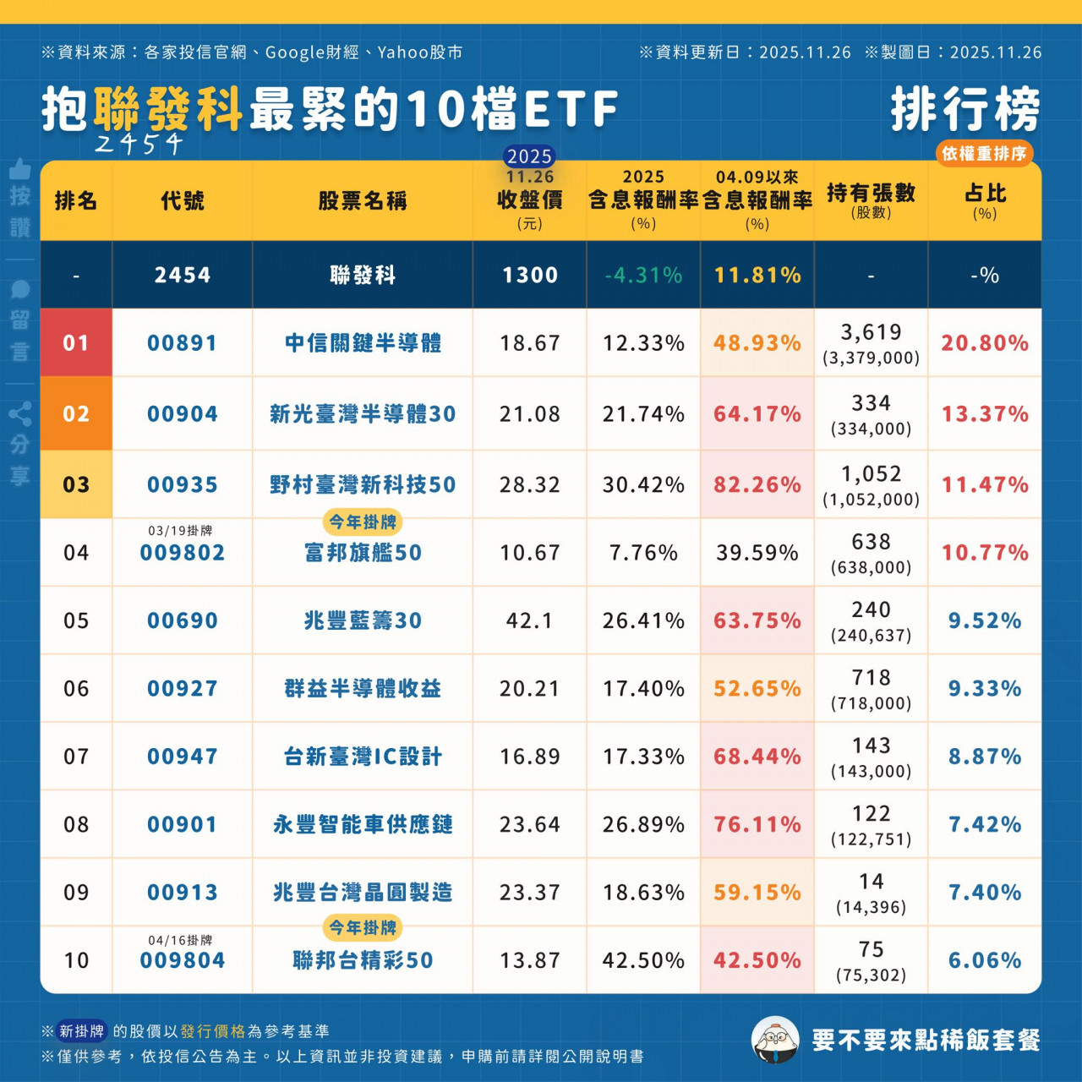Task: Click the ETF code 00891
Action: [182, 343]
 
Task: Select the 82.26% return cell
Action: [757, 485]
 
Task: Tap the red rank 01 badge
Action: [76, 343]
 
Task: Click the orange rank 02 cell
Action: [76, 414]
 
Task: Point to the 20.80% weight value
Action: [985, 343]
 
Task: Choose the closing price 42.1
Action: [529, 621]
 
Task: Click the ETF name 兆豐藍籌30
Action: [363, 621]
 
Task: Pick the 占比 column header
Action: [985, 199]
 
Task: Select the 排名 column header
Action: [76, 201]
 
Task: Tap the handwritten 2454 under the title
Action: [139, 144]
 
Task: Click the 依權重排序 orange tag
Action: [984, 153]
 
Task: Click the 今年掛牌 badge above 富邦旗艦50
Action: [363, 522]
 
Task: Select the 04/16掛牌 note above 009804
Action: [180, 940]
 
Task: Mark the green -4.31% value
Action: [643, 276]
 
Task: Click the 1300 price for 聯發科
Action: [529, 276]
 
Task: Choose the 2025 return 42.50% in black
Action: [643, 961]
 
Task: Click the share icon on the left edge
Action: [20, 414]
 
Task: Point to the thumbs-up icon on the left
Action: [20, 169]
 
